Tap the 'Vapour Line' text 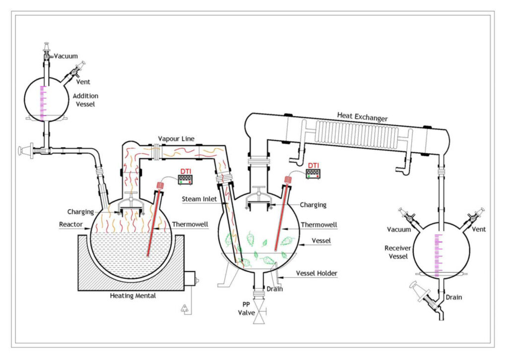[x=176, y=138]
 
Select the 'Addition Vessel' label [x=85, y=100]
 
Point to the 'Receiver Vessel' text [x=397, y=251]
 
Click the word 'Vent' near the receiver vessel [x=479, y=229]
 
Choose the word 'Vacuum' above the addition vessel [x=66, y=57]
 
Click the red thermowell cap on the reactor [x=160, y=185]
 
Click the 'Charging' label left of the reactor [x=80, y=212]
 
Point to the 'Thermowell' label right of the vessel [x=319, y=225]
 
